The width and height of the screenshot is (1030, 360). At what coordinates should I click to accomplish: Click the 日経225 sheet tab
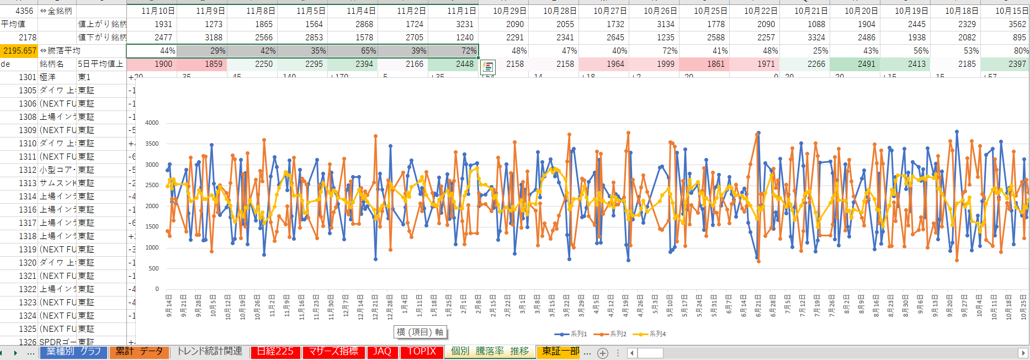[x=275, y=352]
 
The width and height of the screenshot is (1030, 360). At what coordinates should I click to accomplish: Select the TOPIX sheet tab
[x=422, y=352]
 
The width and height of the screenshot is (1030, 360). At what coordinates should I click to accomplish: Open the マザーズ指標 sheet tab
[x=333, y=352]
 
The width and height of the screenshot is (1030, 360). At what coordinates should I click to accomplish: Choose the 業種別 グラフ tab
[x=73, y=352]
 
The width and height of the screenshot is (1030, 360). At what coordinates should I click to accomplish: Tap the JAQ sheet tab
[x=382, y=352]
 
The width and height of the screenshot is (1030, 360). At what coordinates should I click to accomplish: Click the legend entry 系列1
[x=571, y=334]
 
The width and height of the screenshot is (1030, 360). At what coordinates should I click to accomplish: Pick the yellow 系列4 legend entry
[x=650, y=334]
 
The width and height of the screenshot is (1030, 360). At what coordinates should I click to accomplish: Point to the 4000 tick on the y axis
[x=152, y=123]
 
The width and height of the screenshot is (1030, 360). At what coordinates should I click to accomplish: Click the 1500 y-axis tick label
[x=152, y=227]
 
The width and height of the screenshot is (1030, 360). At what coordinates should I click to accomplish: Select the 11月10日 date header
[x=158, y=11]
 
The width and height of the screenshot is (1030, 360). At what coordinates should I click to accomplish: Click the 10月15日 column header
[x=1011, y=11]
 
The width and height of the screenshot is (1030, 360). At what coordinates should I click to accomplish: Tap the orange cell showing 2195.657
[x=19, y=51]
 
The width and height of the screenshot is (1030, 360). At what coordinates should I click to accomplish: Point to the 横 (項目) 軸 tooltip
[x=420, y=332]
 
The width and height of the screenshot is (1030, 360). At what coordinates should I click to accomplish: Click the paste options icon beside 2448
[x=488, y=67]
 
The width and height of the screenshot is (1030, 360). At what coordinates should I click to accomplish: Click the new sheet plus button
[x=603, y=353]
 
